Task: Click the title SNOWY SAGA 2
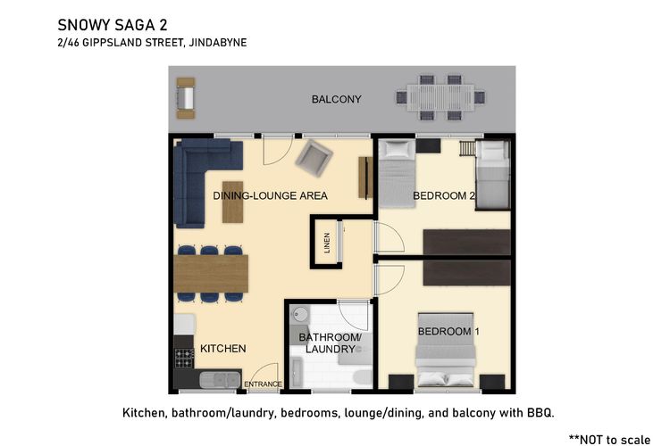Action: [x=113, y=25]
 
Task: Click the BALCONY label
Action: [x=336, y=99]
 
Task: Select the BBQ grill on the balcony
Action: [x=186, y=98]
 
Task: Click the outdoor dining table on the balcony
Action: [x=440, y=98]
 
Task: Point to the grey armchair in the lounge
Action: [x=314, y=159]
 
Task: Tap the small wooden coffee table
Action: [x=233, y=202]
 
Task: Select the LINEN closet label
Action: [x=327, y=243]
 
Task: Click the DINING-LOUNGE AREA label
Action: [x=270, y=196]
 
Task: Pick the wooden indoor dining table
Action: [x=211, y=274]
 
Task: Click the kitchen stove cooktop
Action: [x=185, y=358]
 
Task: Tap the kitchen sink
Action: [x=220, y=379]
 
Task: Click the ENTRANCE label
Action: [x=263, y=384]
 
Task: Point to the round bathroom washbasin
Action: [x=301, y=314]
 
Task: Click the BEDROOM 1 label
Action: [x=448, y=332]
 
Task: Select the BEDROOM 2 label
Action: [x=443, y=196]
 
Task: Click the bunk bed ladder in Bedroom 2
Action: [x=467, y=149]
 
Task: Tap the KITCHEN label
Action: [x=223, y=349]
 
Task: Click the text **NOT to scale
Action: [x=610, y=440]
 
